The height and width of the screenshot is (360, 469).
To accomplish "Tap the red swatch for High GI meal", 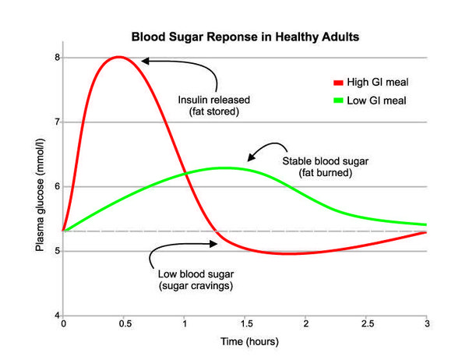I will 337,82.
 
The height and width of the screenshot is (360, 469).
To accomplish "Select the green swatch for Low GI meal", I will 337,101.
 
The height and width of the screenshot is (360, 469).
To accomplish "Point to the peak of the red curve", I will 118,57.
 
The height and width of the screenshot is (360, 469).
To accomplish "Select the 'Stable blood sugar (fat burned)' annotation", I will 317,167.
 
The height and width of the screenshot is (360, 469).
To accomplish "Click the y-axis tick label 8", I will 56,58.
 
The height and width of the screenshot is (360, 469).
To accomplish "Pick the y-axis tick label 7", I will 56,122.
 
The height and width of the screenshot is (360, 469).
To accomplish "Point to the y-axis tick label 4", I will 56,316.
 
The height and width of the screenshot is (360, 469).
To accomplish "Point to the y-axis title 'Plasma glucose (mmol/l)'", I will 39,187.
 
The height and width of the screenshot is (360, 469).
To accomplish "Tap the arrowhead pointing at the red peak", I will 145,60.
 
